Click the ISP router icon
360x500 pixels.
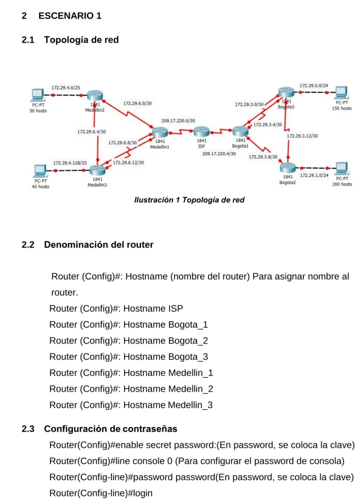point(201,131)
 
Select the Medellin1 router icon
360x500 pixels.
point(160,133)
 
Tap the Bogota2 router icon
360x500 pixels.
point(288,168)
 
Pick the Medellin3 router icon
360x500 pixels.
point(97,170)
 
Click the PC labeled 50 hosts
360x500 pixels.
point(38,95)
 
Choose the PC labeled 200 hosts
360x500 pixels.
point(341,169)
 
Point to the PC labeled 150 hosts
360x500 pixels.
point(341,93)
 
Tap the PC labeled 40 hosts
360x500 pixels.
point(40,171)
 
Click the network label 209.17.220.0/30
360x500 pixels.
point(178,121)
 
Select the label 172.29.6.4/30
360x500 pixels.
point(92,131)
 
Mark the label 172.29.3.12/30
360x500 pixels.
point(303,136)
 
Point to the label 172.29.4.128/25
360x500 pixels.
point(70,163)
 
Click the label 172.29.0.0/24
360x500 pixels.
point(314,86)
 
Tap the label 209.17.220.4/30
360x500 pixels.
point(219,154)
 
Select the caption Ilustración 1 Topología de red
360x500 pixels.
point(189,200)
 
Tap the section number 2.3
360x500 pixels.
point(28,429)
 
